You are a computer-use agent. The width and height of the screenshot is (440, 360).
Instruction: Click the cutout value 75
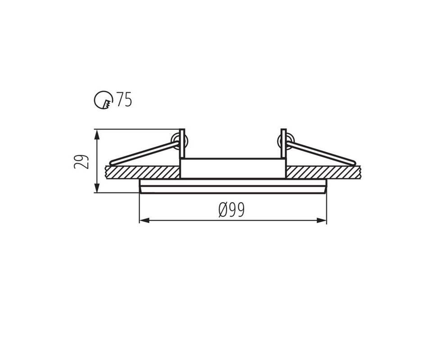coord(124,99)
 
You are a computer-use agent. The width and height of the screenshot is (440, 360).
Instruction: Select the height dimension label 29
coord(81,162)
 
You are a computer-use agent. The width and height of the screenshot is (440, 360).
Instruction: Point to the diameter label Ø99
coord(232,210)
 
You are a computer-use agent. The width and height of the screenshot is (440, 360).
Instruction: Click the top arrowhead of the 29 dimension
coord(97,135)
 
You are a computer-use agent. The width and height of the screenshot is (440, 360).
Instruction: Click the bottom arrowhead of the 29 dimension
coord(97,188)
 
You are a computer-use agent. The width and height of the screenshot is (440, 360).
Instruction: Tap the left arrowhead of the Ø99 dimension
coord(144,220)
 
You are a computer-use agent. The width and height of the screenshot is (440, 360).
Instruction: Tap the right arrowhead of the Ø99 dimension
coord(322,220)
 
